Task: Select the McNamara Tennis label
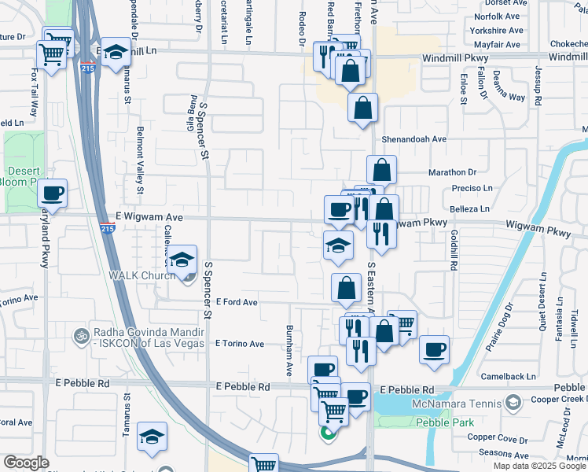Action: point(455,404)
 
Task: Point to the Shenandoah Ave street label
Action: point(414,138)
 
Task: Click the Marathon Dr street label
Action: point(453,171)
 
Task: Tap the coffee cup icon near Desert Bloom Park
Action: point(53,192)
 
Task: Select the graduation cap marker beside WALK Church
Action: point(182,260)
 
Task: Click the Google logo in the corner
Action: point(26,463)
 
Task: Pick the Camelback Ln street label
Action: point(509,377)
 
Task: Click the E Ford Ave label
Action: point(235,302)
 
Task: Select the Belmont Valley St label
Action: point(141,160)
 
